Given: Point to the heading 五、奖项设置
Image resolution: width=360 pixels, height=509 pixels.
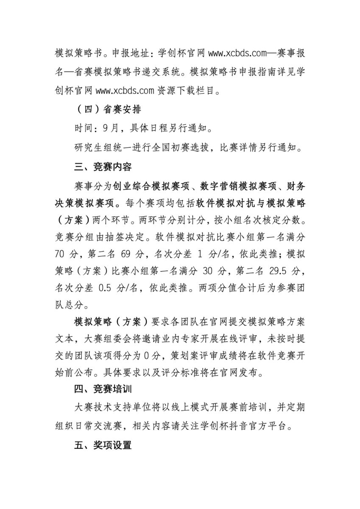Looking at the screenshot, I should coord(102,445).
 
